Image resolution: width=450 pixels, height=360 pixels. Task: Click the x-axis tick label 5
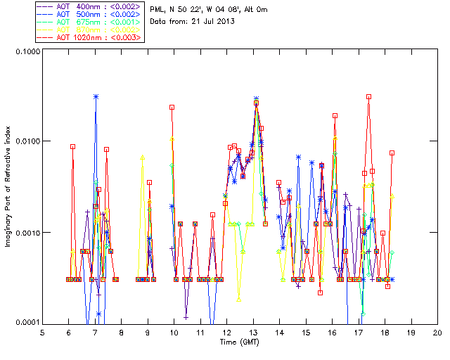tap(42, 333)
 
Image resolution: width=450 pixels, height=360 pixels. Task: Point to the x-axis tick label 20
tap(437, 333)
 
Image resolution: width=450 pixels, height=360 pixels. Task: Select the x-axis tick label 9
tap(148, 333)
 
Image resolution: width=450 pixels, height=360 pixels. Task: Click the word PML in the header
tap(160, 9)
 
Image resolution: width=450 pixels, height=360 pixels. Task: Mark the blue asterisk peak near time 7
tap(96, 96)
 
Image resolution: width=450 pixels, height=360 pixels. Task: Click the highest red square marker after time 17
tap(368, 96)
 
